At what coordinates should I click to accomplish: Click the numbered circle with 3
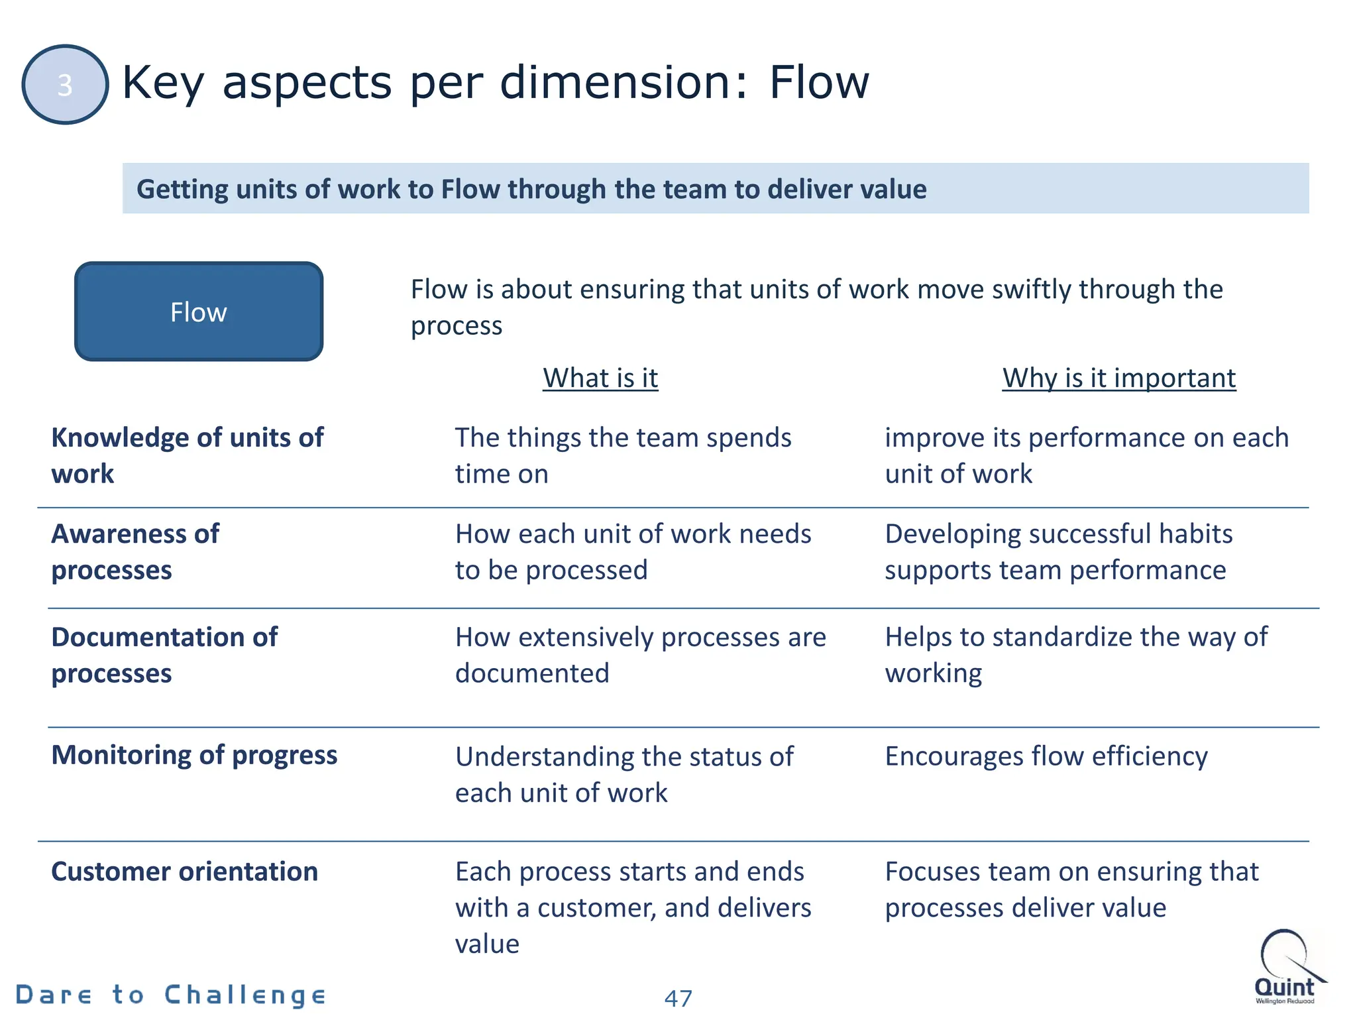coord(65,84)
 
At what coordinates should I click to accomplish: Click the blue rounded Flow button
coord(199,311)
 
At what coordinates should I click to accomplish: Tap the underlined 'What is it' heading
coord(600,378)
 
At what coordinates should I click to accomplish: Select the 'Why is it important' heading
coord(1118,378)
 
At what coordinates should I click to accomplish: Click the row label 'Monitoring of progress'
coord(194,755)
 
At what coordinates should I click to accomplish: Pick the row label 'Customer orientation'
coord(184,872)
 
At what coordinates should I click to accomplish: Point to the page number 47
coord(678,997)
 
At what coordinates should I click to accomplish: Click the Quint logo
coord(1286,968)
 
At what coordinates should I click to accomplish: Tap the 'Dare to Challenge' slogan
coord(171,995)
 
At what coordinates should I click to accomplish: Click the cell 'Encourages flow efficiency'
coord(1046,756)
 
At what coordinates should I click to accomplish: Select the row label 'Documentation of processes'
coord(164,655)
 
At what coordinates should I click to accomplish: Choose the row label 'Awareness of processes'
coord(135,551)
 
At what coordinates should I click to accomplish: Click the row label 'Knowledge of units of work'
coord(188,455)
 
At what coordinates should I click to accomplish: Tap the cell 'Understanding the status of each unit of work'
coord(624,774)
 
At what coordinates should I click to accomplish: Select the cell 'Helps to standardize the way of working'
coord(1076,655)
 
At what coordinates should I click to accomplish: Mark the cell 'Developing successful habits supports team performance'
coord(1058,551)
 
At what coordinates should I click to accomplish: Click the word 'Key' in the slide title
coord(163,84)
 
